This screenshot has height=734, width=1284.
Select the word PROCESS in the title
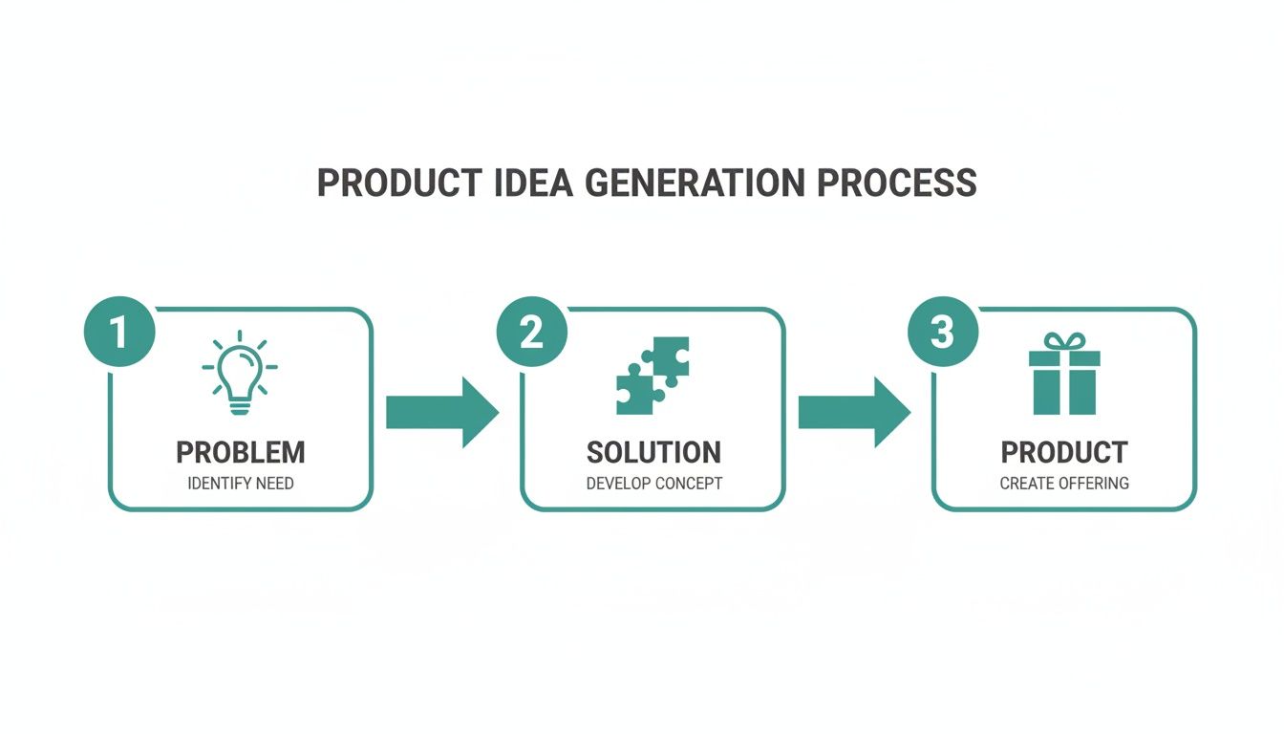pyautogui.click(x=898, y=183)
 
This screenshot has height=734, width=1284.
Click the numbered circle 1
pyautogui.click(x=118, y=333)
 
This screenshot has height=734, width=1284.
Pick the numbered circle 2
pyautogui.click(x=531, y=333)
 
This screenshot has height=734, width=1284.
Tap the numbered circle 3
pyautogui.click(x=942, y=333)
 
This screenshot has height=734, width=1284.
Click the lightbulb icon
pyautogui.click(x=240, y=374)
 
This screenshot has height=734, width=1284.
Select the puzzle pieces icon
pyautogui.click(x=653, y=376)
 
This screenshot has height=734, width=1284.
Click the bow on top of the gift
pyautogui.click(x=1064, y=341)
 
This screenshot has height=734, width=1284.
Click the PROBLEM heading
pyautogui.click(x=241, y=452)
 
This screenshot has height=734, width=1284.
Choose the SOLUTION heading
pyautogui.click(x=653, y=452)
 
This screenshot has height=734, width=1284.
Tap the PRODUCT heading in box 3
pyautogui.click(x=1064, y=452)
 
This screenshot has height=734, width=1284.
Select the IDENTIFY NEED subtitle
pyautogui.click(x=241, y=483)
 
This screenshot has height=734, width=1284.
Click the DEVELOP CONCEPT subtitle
pyautogui.click(x=653, y=483)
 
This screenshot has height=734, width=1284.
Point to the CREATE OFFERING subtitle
pyautogui.click(x=1064, y=483)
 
